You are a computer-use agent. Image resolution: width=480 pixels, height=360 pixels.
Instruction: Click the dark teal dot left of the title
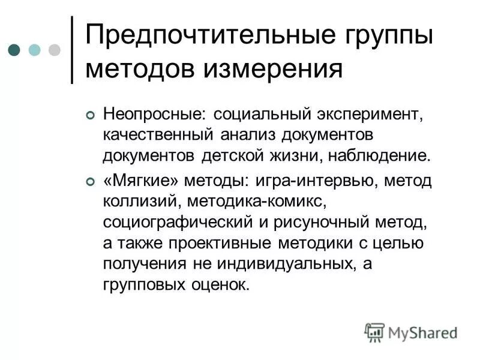[x=15, y=50]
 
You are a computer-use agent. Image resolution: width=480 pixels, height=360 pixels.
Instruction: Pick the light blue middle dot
[x=35, y=50]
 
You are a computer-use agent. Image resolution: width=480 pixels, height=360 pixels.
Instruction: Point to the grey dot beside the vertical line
[x=54, y=50]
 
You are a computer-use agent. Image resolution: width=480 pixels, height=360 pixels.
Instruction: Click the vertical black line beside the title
[x=72, y=49]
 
